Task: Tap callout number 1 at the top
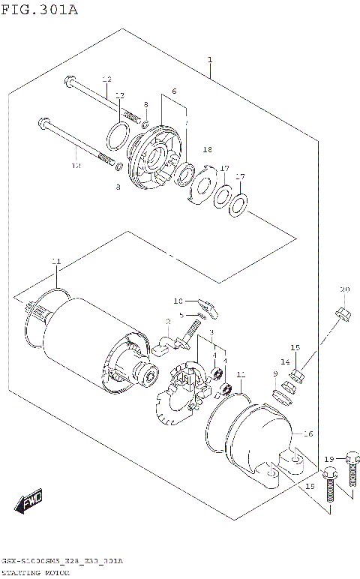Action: tap(210, 59)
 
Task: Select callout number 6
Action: tap(173, 91)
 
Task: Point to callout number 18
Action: tap(208, 149)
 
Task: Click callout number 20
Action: tap(345, 289)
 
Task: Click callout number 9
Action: tap(275, 373)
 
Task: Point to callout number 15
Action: tap(295, 347)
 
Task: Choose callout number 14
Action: tap(285, 361)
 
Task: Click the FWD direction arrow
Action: tap(30, 501)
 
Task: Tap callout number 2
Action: tap(169, 320)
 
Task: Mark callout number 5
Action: tap(180, 314)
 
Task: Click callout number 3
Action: tap(212, 332)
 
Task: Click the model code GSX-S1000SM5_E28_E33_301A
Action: tap(62, 560)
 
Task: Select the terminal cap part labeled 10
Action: tap(209, 304)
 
